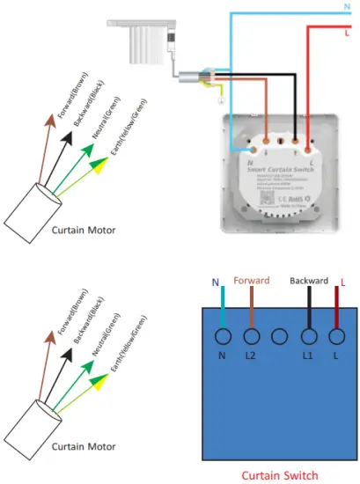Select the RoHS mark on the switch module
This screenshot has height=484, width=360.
tap(298, 199)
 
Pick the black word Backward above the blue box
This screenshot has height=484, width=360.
tap(308, 282)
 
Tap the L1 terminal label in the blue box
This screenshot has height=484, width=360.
tap(308, 355)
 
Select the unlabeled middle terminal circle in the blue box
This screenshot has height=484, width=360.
tap(279, 336)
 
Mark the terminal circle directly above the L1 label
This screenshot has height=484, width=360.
tap(308, 336)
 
